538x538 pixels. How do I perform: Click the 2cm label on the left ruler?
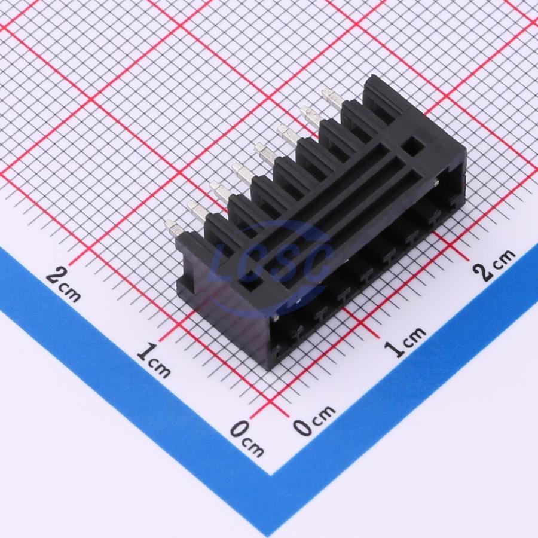[63, 285]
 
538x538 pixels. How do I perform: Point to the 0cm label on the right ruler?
[314, 420]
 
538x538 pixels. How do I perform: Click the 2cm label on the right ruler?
[494, 264]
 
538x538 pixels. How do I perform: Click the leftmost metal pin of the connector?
[173, 229]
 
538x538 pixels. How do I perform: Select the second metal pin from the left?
[196, 210]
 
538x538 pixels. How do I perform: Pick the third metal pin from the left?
[220, 191]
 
